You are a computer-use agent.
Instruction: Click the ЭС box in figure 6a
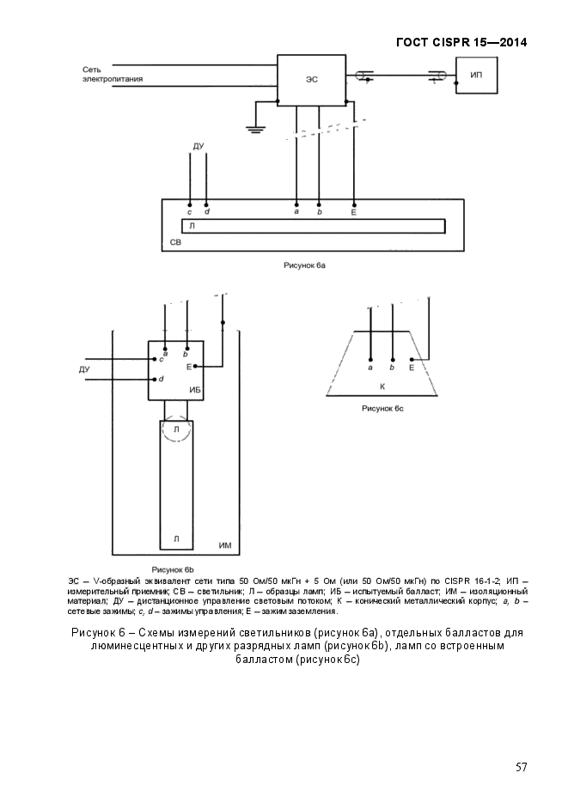tap(312, 79)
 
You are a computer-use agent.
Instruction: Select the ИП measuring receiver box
tap(476, 76)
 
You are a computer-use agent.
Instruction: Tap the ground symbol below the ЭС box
tap(254, 128)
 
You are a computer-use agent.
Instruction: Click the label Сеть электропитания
tap(113, 74)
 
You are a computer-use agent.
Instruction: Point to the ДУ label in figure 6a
tap(198, 148)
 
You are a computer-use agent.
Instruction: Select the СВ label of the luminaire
tap(175, 243)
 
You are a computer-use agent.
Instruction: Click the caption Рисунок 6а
tap(304, 266)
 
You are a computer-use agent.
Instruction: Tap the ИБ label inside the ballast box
tap(194, 390)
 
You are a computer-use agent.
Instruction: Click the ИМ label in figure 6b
tap(225, 545)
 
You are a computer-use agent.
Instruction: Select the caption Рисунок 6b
tap(174, 569)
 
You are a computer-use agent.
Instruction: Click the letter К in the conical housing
tap(382, 386)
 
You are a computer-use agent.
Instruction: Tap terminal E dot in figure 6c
tap(412, 359)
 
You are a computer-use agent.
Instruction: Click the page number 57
tap(521, 767)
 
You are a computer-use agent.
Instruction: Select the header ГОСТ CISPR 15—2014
tap(461, 42)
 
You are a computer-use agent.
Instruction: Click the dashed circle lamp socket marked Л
tap(176, 429)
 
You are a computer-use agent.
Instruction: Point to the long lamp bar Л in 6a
tap(313, 225)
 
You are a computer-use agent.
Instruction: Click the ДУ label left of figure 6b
tap(84, 369)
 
